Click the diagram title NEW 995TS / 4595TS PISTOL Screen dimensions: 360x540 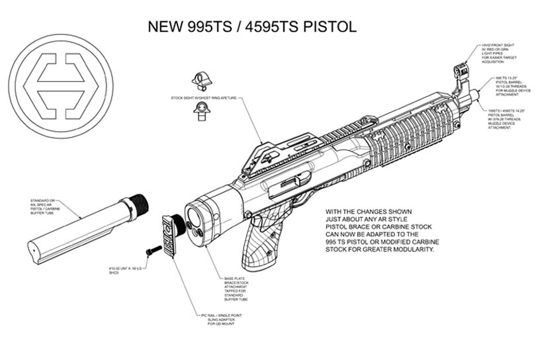[251, 27]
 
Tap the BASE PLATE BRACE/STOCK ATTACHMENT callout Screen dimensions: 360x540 [242, 287]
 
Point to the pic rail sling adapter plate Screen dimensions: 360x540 [170, 234]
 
